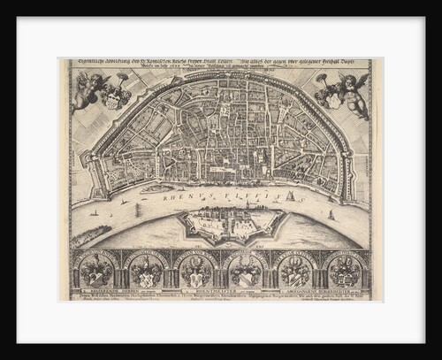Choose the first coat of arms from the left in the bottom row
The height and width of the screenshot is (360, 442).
98,270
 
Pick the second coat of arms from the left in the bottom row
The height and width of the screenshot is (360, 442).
148,270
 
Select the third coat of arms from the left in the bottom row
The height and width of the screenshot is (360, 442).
196,270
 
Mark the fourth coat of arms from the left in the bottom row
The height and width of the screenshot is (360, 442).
247,270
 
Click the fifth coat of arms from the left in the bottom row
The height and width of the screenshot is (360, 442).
296,270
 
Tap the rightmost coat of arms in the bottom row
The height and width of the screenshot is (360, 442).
345,270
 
